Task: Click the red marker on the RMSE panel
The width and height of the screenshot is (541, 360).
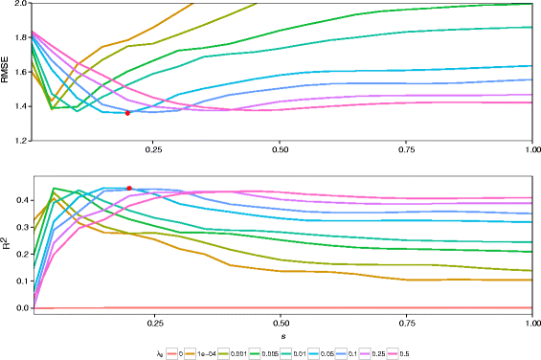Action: tap(127, 113)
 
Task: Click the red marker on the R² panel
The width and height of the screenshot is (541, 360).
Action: tap(128, 188)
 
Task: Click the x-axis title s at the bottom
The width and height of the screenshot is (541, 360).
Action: tap(281, 337)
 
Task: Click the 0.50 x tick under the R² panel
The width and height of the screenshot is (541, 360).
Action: tap(281, 324)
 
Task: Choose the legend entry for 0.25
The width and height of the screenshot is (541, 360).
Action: tap(460, 351)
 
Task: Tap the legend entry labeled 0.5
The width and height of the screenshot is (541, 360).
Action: tap(495, 351)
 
